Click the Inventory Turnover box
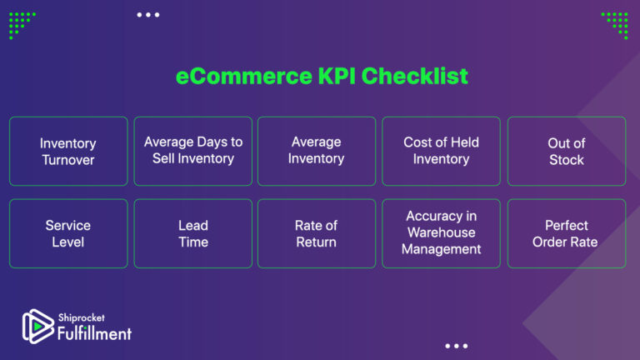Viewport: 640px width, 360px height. click(x=68, y=151)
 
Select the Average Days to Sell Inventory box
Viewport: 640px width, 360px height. click(x=192, y=151)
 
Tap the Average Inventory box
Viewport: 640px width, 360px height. click(x=316, y=151)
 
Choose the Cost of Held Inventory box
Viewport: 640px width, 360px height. click(x=441, y=151)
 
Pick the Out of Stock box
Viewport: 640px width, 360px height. click(x=566, y=151)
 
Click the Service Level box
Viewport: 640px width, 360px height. click(x=68, y=233)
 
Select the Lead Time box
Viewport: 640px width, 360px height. click(x=192, y=233)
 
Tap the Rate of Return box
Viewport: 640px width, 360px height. click(x=316, y=233)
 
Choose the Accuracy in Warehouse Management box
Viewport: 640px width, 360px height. click(x=441, y=233)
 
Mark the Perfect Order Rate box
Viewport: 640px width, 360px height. click(x=566, y=233)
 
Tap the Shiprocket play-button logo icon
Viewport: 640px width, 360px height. click(x=37, y=326)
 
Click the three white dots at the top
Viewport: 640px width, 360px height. click(x=147, y=14)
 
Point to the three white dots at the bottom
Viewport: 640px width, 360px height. click(x=456, y=346)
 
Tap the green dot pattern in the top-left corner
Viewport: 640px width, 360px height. click(x=21, y=23)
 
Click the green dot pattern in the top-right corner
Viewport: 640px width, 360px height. click(x=616, y=23)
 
